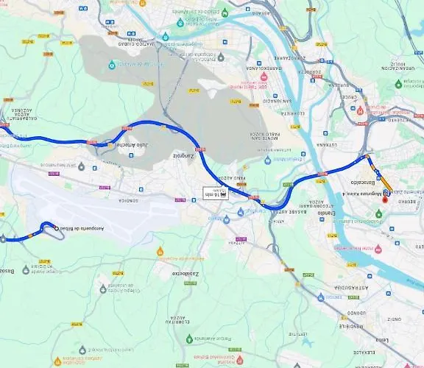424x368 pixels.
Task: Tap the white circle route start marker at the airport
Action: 57,230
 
